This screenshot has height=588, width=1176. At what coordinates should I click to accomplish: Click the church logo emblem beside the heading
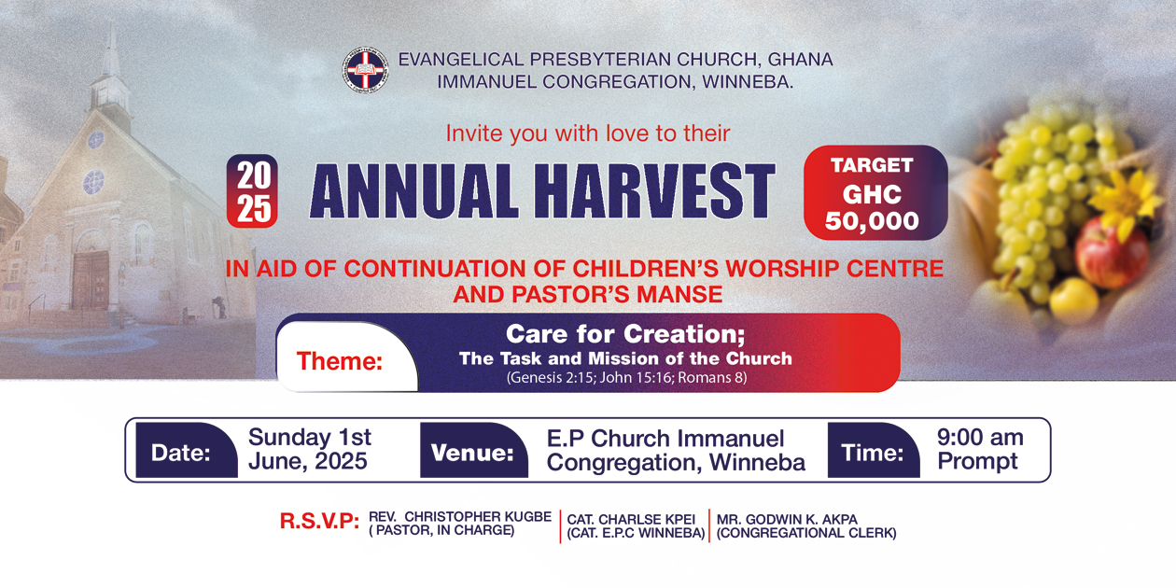366,70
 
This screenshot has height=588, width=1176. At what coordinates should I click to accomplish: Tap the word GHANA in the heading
800,60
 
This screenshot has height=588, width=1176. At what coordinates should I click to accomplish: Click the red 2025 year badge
253,191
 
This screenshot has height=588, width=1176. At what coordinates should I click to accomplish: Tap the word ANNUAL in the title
413,190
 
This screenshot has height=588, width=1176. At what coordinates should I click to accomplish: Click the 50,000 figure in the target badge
872,221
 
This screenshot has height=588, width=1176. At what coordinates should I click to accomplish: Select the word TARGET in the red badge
872,165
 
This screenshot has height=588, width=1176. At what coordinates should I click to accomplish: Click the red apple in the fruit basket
1111,252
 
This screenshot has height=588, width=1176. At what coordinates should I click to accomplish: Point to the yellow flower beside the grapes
1128,203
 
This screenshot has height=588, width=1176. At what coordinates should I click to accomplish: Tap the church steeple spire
111,52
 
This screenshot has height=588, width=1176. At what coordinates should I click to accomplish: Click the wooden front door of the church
91,280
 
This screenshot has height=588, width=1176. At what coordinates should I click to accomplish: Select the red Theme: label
340,361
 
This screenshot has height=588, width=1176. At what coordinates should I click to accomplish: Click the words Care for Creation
624,334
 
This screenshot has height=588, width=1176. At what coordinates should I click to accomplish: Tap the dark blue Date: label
181,453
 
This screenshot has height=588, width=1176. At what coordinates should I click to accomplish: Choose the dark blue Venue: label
472,453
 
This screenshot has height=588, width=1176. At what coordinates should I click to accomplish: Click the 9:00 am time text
980,438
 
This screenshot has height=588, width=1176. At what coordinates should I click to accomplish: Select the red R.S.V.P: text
319,522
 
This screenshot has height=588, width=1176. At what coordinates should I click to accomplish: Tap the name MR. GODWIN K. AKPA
787,519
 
